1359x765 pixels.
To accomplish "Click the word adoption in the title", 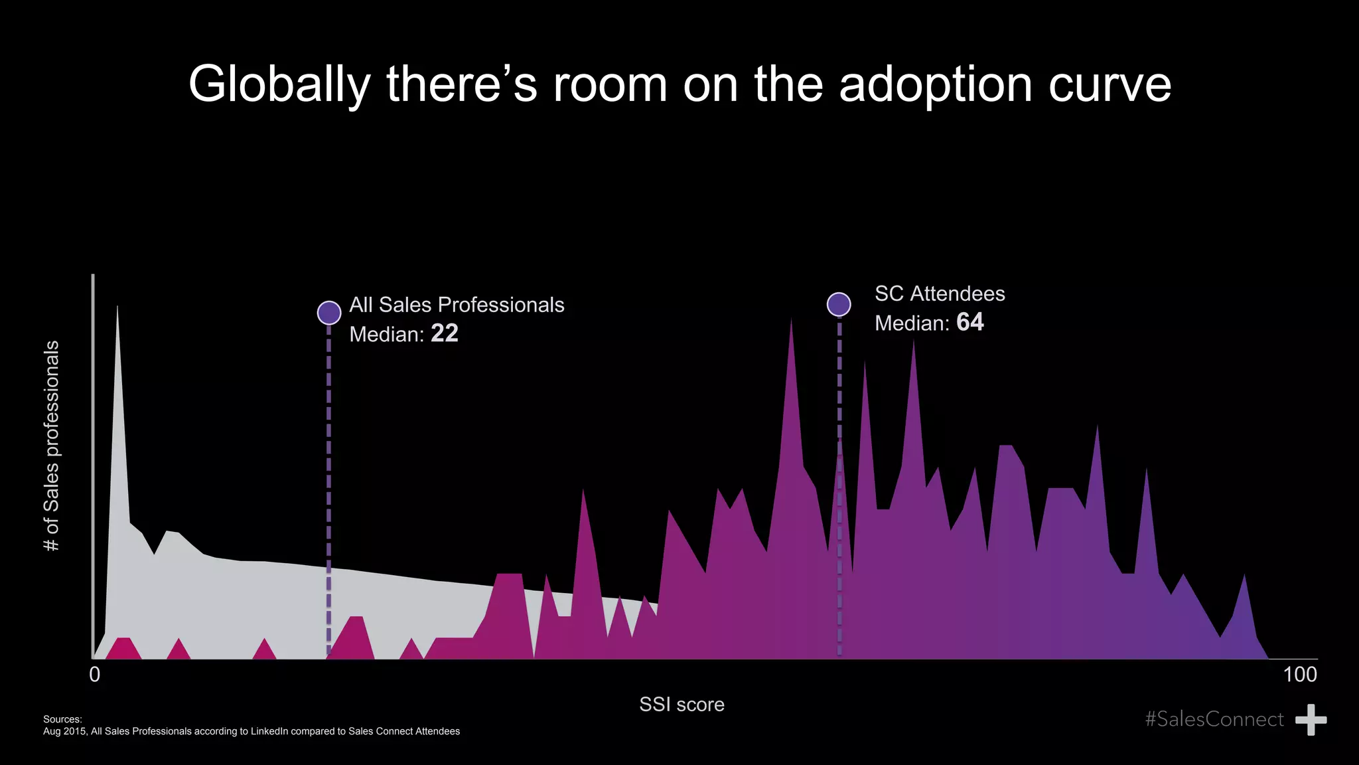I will tap(936, 84).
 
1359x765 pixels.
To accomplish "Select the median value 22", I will tap(445, 333).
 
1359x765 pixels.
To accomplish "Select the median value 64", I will tap(970, 322).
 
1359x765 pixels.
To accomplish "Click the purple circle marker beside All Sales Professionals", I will tap(329, 312).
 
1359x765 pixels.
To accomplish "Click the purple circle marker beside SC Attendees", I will tap(839, 304).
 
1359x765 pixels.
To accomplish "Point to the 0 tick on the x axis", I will tap(95, 675).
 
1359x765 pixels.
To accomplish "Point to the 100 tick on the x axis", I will tap(1300, 675).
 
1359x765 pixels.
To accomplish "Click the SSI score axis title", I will tap(681, 705).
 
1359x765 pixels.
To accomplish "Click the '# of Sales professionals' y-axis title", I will tap(51, 446).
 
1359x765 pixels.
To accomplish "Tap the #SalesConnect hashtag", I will tap(1214, 719).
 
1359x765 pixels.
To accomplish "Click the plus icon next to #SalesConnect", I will tap(1311, 720).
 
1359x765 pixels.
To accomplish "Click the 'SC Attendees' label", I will tap(940, 294).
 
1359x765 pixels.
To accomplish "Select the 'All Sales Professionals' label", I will tap(457, 305).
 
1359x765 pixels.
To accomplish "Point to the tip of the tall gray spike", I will tap(117, 306).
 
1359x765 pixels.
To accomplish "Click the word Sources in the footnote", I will tap(62, 719).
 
